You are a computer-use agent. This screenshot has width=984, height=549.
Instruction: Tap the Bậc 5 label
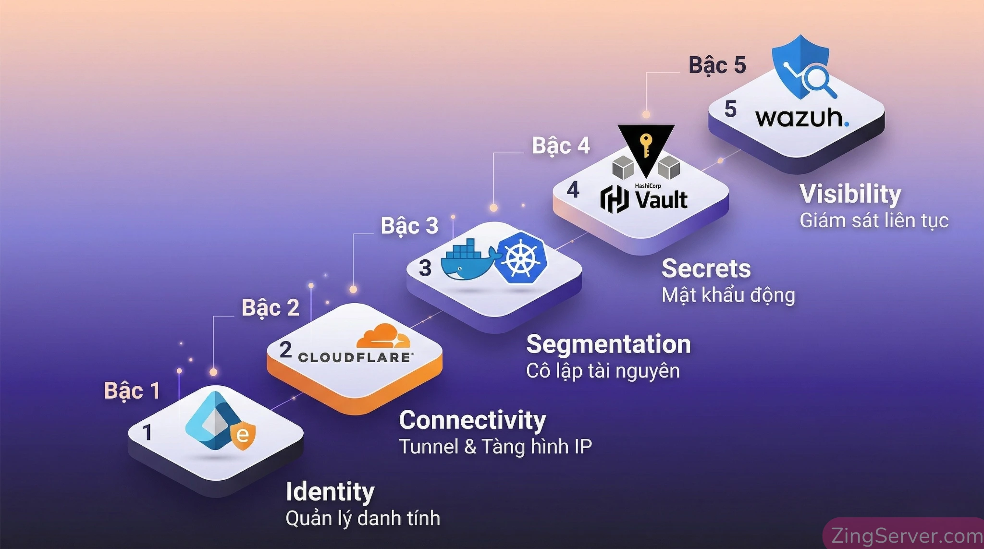pyautogui.click(x=717, y=65)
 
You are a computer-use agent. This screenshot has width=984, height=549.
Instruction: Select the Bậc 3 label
pyautogui.click(x=409, y=226)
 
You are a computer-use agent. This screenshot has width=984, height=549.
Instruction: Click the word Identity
pyautogui.click(x=330, y=491)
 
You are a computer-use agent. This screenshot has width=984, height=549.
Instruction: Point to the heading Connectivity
pyautogui.click(x=472, y=420)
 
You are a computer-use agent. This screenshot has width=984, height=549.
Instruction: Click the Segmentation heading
pyautogui.click(x=608, y=344)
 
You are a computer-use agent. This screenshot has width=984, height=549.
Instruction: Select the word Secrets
pyautogui.click(x=706, y=268)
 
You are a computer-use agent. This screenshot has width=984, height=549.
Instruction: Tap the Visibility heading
pyautogui.click(x=850, y=194)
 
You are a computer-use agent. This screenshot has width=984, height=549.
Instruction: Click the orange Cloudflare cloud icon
pyautogui.click(x=383, y=336)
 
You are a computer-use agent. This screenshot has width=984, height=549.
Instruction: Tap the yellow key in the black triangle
pyautogui.click(x=646, y=145)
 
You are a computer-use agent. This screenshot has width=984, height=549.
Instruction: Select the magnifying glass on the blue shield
pyautogui.click(x=818, y=79)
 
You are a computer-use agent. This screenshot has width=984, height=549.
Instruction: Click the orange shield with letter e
pyautogui.click(x=243, y=436)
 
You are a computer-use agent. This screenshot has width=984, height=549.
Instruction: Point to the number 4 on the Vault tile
pyautogui.click(x=573, y=190)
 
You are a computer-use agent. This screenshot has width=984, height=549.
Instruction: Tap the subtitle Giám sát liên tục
pyautogui.click(x=873, y=220)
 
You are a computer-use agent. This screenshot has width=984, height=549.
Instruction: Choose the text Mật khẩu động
pyautogui.click(x=728, y=295)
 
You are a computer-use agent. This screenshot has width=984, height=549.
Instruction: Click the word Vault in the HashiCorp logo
pyautogui.click(x=661, y=200)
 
